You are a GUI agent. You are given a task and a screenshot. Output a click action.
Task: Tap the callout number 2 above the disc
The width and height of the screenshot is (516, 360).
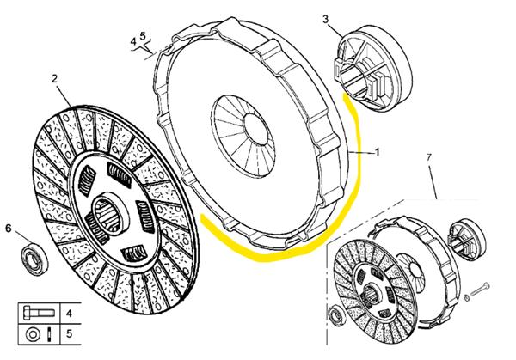(54, 79)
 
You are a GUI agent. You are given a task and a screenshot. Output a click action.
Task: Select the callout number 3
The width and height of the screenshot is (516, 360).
(326, 18)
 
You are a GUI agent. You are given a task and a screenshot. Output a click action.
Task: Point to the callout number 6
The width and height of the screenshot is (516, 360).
(9, 228)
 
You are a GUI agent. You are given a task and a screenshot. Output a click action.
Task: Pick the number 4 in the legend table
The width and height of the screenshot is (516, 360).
(69, 314)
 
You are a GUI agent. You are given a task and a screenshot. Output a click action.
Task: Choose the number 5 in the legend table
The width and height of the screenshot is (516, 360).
(69, 333)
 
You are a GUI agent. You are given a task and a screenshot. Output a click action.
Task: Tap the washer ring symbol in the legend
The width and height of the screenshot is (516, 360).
(33, 333)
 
